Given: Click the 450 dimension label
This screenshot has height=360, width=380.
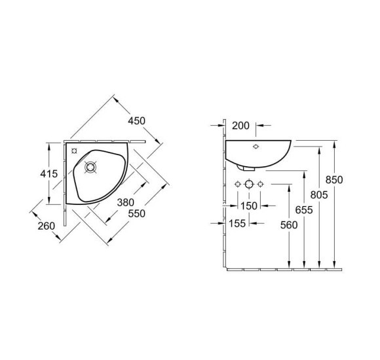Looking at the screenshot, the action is click(137, 121).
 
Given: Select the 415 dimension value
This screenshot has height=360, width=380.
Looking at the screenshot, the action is click(49, 173).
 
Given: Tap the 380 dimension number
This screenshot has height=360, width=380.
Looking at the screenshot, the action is click(126, 202).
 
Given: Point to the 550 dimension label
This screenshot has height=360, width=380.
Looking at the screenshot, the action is click(137, 213).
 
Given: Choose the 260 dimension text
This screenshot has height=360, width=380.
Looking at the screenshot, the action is click(47, 226).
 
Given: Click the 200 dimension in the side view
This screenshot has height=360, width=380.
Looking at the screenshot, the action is click(240, 126).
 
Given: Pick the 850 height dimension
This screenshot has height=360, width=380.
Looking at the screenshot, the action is click(334, 180).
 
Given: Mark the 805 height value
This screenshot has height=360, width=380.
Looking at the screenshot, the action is click(319, 194).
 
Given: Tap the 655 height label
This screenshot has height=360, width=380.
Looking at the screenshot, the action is click(304, 210).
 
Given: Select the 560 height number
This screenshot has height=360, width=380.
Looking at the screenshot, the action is click(289, 225).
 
